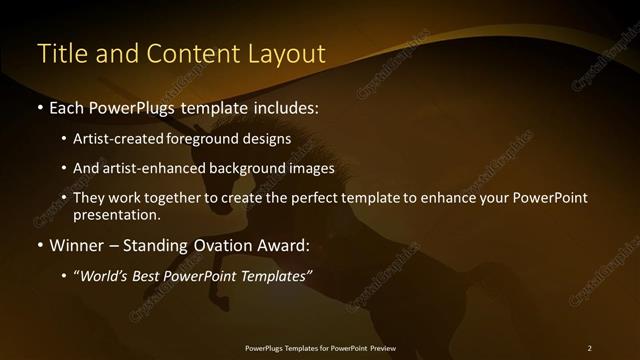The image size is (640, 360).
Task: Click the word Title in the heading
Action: pyautogui.click(x=59, y=54)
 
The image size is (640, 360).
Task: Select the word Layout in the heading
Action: pyautogui.click(x=288, y=54)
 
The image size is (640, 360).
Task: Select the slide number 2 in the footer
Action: pyautogui.click(x=589, y=348)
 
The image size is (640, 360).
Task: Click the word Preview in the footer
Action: pyautogui.click(x=381, y=348)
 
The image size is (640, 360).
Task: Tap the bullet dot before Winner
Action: pyautogui.click(x=39, y=245)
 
